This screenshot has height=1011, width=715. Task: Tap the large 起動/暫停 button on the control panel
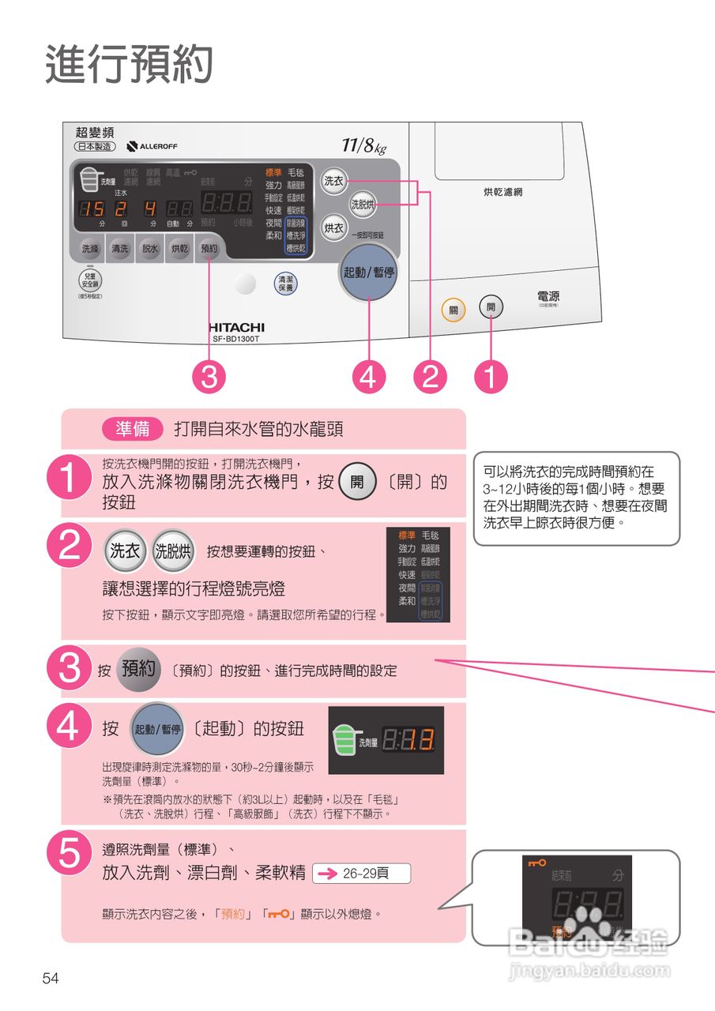coord(369,272)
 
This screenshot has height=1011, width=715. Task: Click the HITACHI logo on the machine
coord(236,327)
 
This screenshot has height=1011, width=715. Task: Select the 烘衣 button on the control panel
coord(333,228)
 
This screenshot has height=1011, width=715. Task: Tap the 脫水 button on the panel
coord(149,248)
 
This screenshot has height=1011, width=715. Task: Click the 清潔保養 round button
coord(285,284)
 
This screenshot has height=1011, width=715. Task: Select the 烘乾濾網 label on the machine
coord(503,192)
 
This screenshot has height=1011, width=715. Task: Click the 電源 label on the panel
coord(548,298)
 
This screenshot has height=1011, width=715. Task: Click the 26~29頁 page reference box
coord(362,874)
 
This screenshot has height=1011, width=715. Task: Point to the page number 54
coord(51,979)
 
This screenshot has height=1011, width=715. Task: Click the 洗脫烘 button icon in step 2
coord(173,551)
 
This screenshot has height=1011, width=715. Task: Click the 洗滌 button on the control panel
coord(91,248)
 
